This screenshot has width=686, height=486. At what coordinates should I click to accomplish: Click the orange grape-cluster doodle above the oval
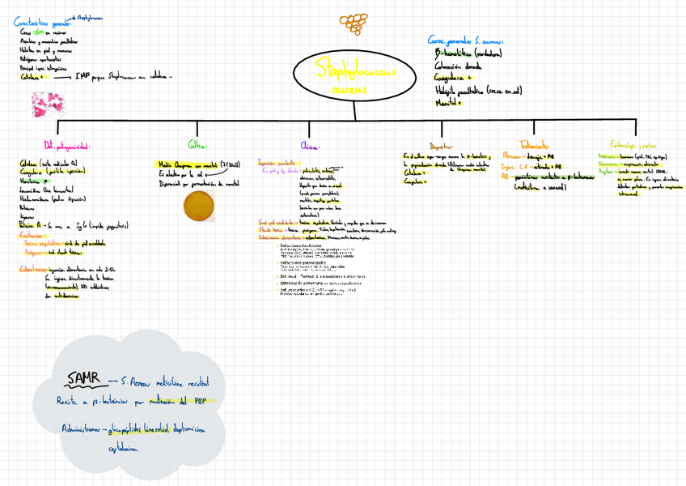pyautogui.click(x=352, y=23)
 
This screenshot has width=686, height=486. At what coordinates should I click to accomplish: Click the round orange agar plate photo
pyautogui.click(x=199, y=206)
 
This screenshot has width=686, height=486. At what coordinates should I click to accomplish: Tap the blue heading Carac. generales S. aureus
pyautogui.click(x=466, y=40)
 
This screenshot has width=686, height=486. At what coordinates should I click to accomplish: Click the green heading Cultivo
pyautogui.click(x=197, y=145)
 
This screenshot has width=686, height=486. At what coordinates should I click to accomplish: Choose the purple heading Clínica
pyautogui.click(x=310, y=147)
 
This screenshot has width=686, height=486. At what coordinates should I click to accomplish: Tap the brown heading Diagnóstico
pyautogui.click(x=442, y=147)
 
